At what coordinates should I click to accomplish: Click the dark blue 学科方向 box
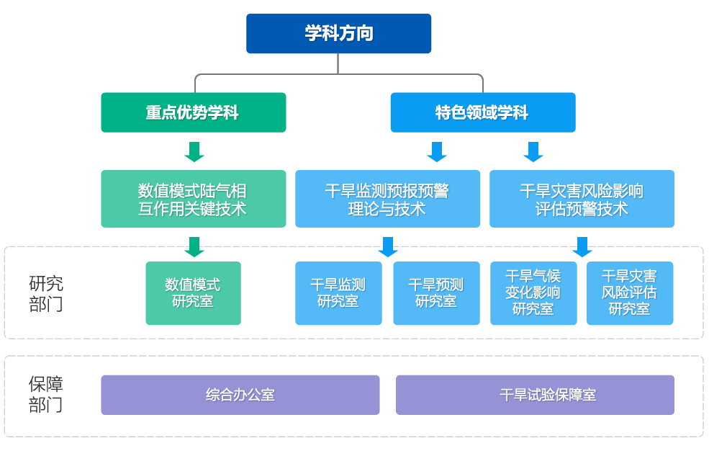pos(338,33)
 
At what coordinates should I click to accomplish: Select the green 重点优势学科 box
pos(193,112)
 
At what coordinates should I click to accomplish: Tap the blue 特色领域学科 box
pos(482,112)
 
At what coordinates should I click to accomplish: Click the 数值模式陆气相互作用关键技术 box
pos(193,199)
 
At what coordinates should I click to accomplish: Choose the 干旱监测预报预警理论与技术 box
pos(387,199)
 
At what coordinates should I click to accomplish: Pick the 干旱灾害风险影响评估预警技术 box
pos(582,199)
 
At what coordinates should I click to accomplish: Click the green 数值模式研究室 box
pos(193,292)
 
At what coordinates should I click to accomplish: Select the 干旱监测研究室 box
pos(338,292)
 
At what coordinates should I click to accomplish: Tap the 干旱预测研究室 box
pos(436,292)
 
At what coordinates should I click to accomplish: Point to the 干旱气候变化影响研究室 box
pos(533,292)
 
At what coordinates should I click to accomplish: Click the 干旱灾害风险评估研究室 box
pos(630,292)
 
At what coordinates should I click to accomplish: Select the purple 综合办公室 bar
pos(240,395)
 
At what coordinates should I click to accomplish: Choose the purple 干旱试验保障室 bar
pos(535,395)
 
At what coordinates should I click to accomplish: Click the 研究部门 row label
pos(46,293)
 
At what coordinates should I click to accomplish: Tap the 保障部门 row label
pos(46,394)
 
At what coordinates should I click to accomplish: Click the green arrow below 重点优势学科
pos(194,151)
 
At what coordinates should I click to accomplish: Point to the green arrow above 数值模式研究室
pos(194,246)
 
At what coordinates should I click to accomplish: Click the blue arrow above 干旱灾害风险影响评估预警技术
pos(533,151)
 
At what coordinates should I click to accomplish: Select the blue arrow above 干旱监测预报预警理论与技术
pos(436,151)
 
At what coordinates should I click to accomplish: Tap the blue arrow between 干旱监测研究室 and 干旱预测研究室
pos(387,246)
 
